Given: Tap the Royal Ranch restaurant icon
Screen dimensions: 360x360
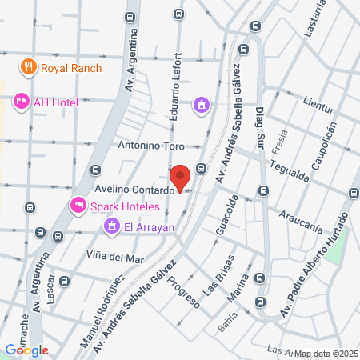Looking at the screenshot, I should (29, 67).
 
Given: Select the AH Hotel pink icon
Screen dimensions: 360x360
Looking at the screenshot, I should (21, 102).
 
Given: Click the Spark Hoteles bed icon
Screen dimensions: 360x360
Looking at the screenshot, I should (78, 206).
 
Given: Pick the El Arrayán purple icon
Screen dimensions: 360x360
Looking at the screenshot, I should (112, 227).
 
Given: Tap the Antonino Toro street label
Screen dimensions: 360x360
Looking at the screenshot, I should (150, 146).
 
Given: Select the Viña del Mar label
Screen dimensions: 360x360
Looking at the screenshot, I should (114, 258).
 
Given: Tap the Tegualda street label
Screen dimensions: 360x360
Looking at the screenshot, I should (289, 170).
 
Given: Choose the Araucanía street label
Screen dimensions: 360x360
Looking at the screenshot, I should (301, 216).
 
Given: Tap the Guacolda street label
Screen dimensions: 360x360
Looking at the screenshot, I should (227, 216).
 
